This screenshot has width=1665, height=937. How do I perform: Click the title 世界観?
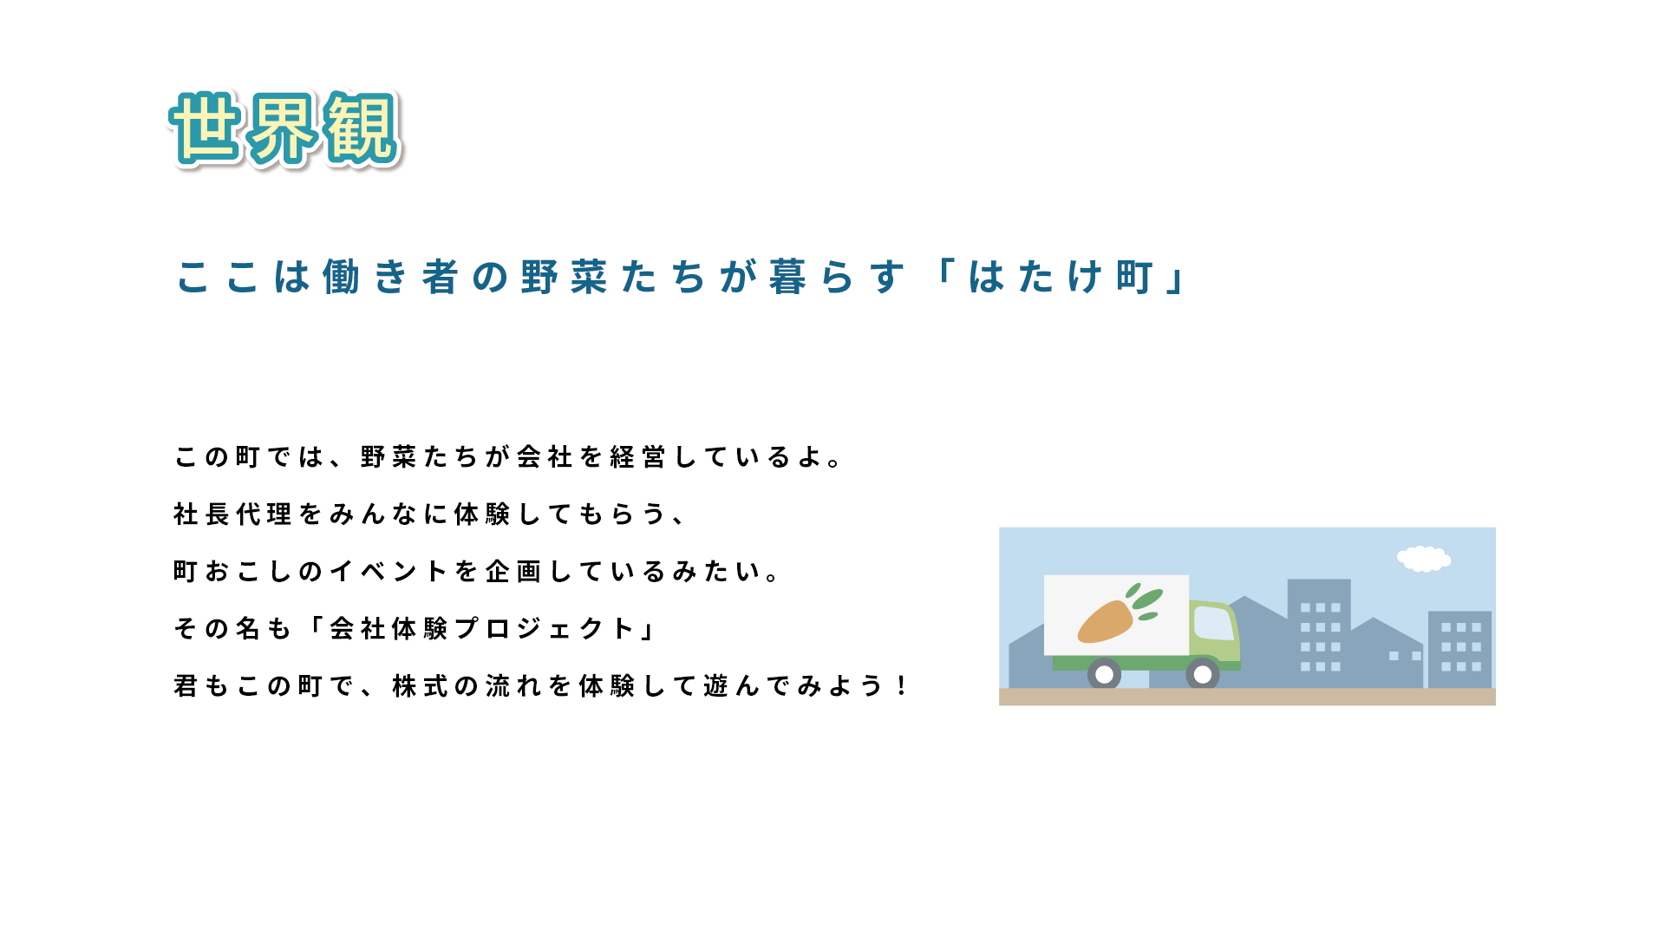(x=285, y=128)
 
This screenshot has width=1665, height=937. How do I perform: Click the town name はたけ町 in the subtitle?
(x=1060, y=278)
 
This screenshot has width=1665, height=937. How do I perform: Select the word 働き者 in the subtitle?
(x=390, y=278)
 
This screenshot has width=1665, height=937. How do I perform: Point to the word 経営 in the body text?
(x=637, y=456)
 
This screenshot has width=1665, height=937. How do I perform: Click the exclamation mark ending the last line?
(x=902, y=685)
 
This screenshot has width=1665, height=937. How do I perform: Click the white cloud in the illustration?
(x=1423, y=559)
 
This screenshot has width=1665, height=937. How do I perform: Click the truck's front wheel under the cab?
(x=1203, y=674)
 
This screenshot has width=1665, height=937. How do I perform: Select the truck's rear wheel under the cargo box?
(x=1104, y=674)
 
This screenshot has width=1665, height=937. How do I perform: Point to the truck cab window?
(x=1213, y=623)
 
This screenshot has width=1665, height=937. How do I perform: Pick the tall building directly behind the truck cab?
(x=1319, y=632)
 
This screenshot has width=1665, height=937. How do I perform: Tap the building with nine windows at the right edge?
(x=1460, y=649)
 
